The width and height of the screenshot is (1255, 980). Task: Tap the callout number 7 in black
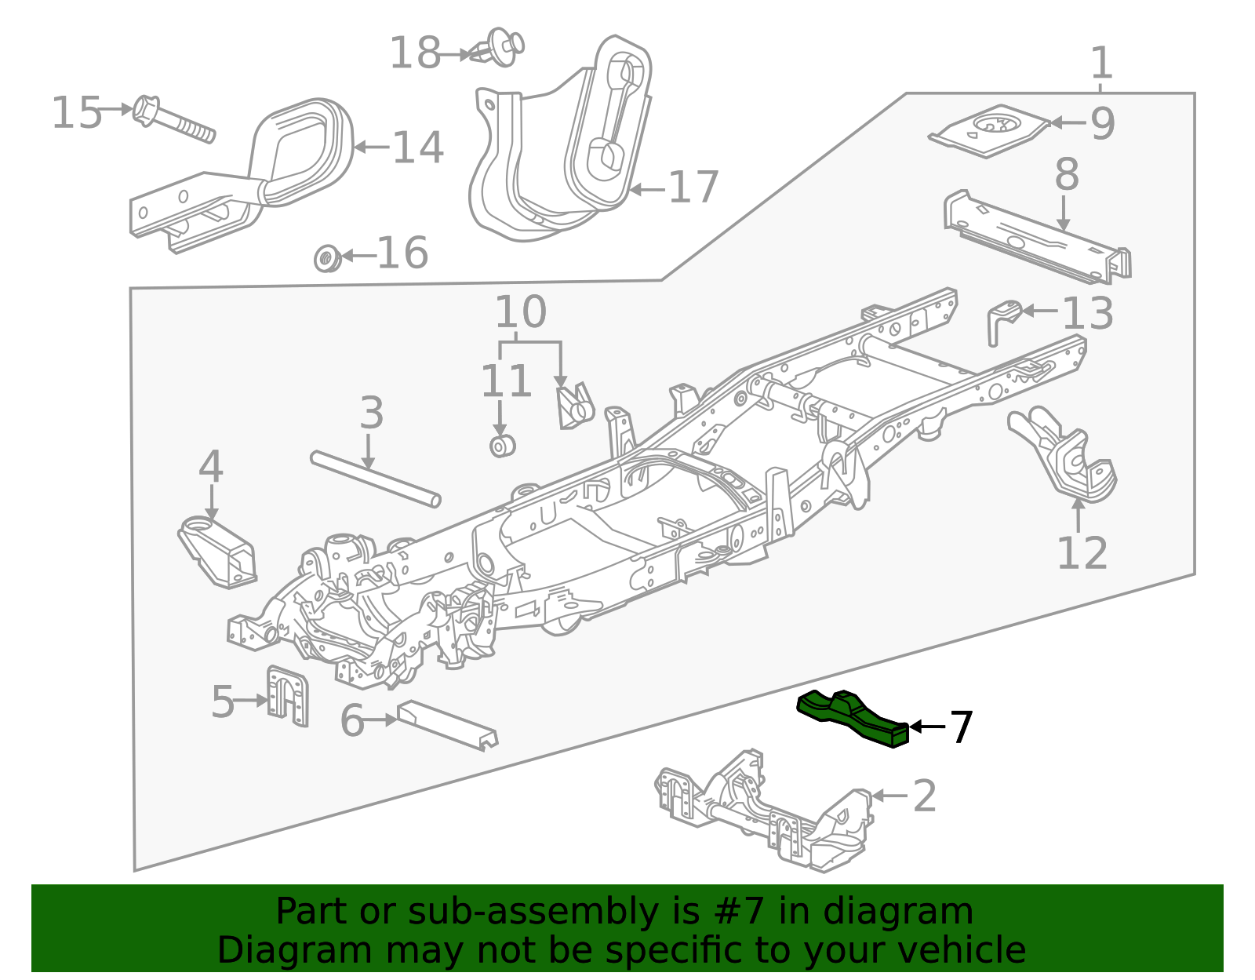coord(961,727)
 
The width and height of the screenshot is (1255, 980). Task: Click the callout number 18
coord(415,53)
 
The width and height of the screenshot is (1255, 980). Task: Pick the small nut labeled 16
coord(326,257)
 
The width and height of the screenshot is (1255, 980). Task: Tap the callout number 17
coord(693,188)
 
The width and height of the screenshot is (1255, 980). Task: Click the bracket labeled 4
coord(218,552)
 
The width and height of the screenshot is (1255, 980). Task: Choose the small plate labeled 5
coord(287,695)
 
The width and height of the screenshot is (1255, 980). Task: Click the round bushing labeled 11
coord(502,446)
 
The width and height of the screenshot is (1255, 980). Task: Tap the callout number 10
coord(520,312)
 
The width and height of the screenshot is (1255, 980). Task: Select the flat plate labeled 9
coord(990,129)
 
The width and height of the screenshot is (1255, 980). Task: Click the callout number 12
coord(1082,553)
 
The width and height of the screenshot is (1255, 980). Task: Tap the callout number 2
coord(925,796)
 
